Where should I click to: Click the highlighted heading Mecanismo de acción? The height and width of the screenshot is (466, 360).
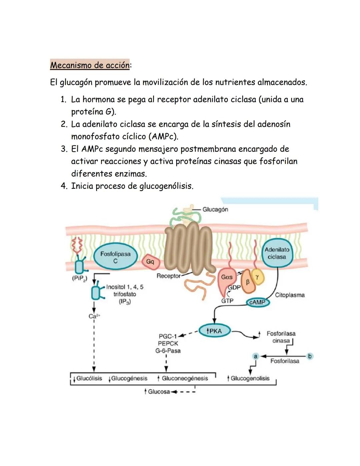(x=90, y=65)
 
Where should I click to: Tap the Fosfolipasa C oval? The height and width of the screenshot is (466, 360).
(x=115, y=258)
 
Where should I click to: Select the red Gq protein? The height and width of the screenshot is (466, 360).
(x=150, y=262)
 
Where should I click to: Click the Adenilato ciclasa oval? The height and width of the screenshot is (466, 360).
(x=277, y=254)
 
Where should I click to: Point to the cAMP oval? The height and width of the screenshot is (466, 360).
(x=258, y=302)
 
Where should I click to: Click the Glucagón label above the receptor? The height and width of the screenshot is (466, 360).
(x=215, y=209)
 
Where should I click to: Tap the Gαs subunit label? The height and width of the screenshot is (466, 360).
(x=227, y=277)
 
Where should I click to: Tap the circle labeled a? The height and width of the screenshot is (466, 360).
(x=256, y=356)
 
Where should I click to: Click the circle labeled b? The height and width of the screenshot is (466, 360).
(x=310, y=356)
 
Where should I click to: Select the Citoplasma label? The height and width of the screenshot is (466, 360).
(x=290, y=295)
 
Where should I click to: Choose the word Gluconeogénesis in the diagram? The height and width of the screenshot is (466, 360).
(x=185, y=378)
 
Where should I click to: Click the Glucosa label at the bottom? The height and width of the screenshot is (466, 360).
(x=159, y=392)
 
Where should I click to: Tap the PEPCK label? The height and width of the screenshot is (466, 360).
(x=168, y=343)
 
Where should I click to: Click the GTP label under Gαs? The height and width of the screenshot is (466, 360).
(x=227, y=301)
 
